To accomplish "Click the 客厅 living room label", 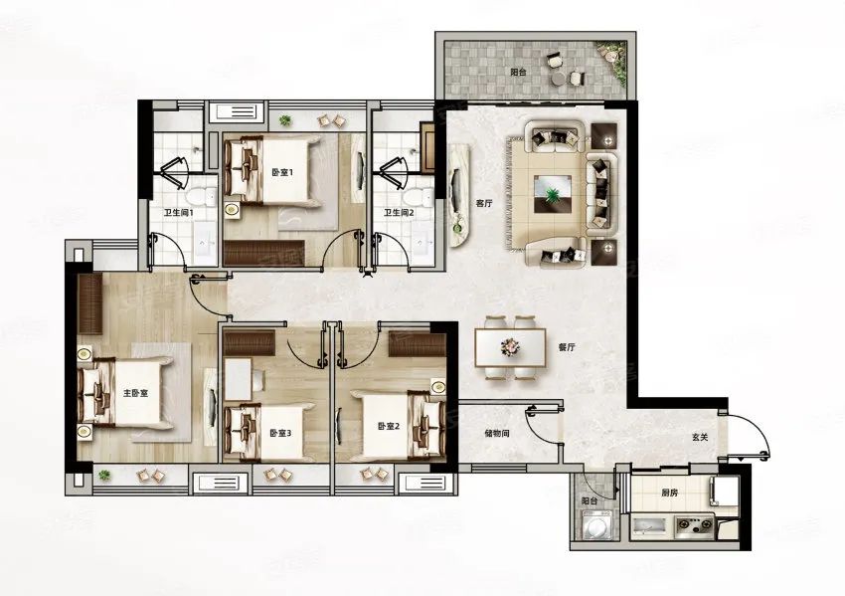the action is pos(484,204).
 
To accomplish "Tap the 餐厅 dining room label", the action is pos(567,348).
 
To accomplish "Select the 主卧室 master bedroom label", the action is pos(135,394).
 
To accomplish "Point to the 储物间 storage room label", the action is pos(497,433).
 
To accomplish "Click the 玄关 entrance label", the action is pos(700,438).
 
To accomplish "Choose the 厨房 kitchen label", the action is pos(669,493).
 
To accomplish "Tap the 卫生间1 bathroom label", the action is pos(178,213).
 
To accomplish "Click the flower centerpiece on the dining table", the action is pos(509,346).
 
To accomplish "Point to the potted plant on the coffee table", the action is pos(552,193).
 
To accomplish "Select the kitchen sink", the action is pos(649,526).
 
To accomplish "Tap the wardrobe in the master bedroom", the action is pos(90,304).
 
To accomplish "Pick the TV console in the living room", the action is pos(458,197).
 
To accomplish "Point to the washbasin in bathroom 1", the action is pos(204,247).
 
